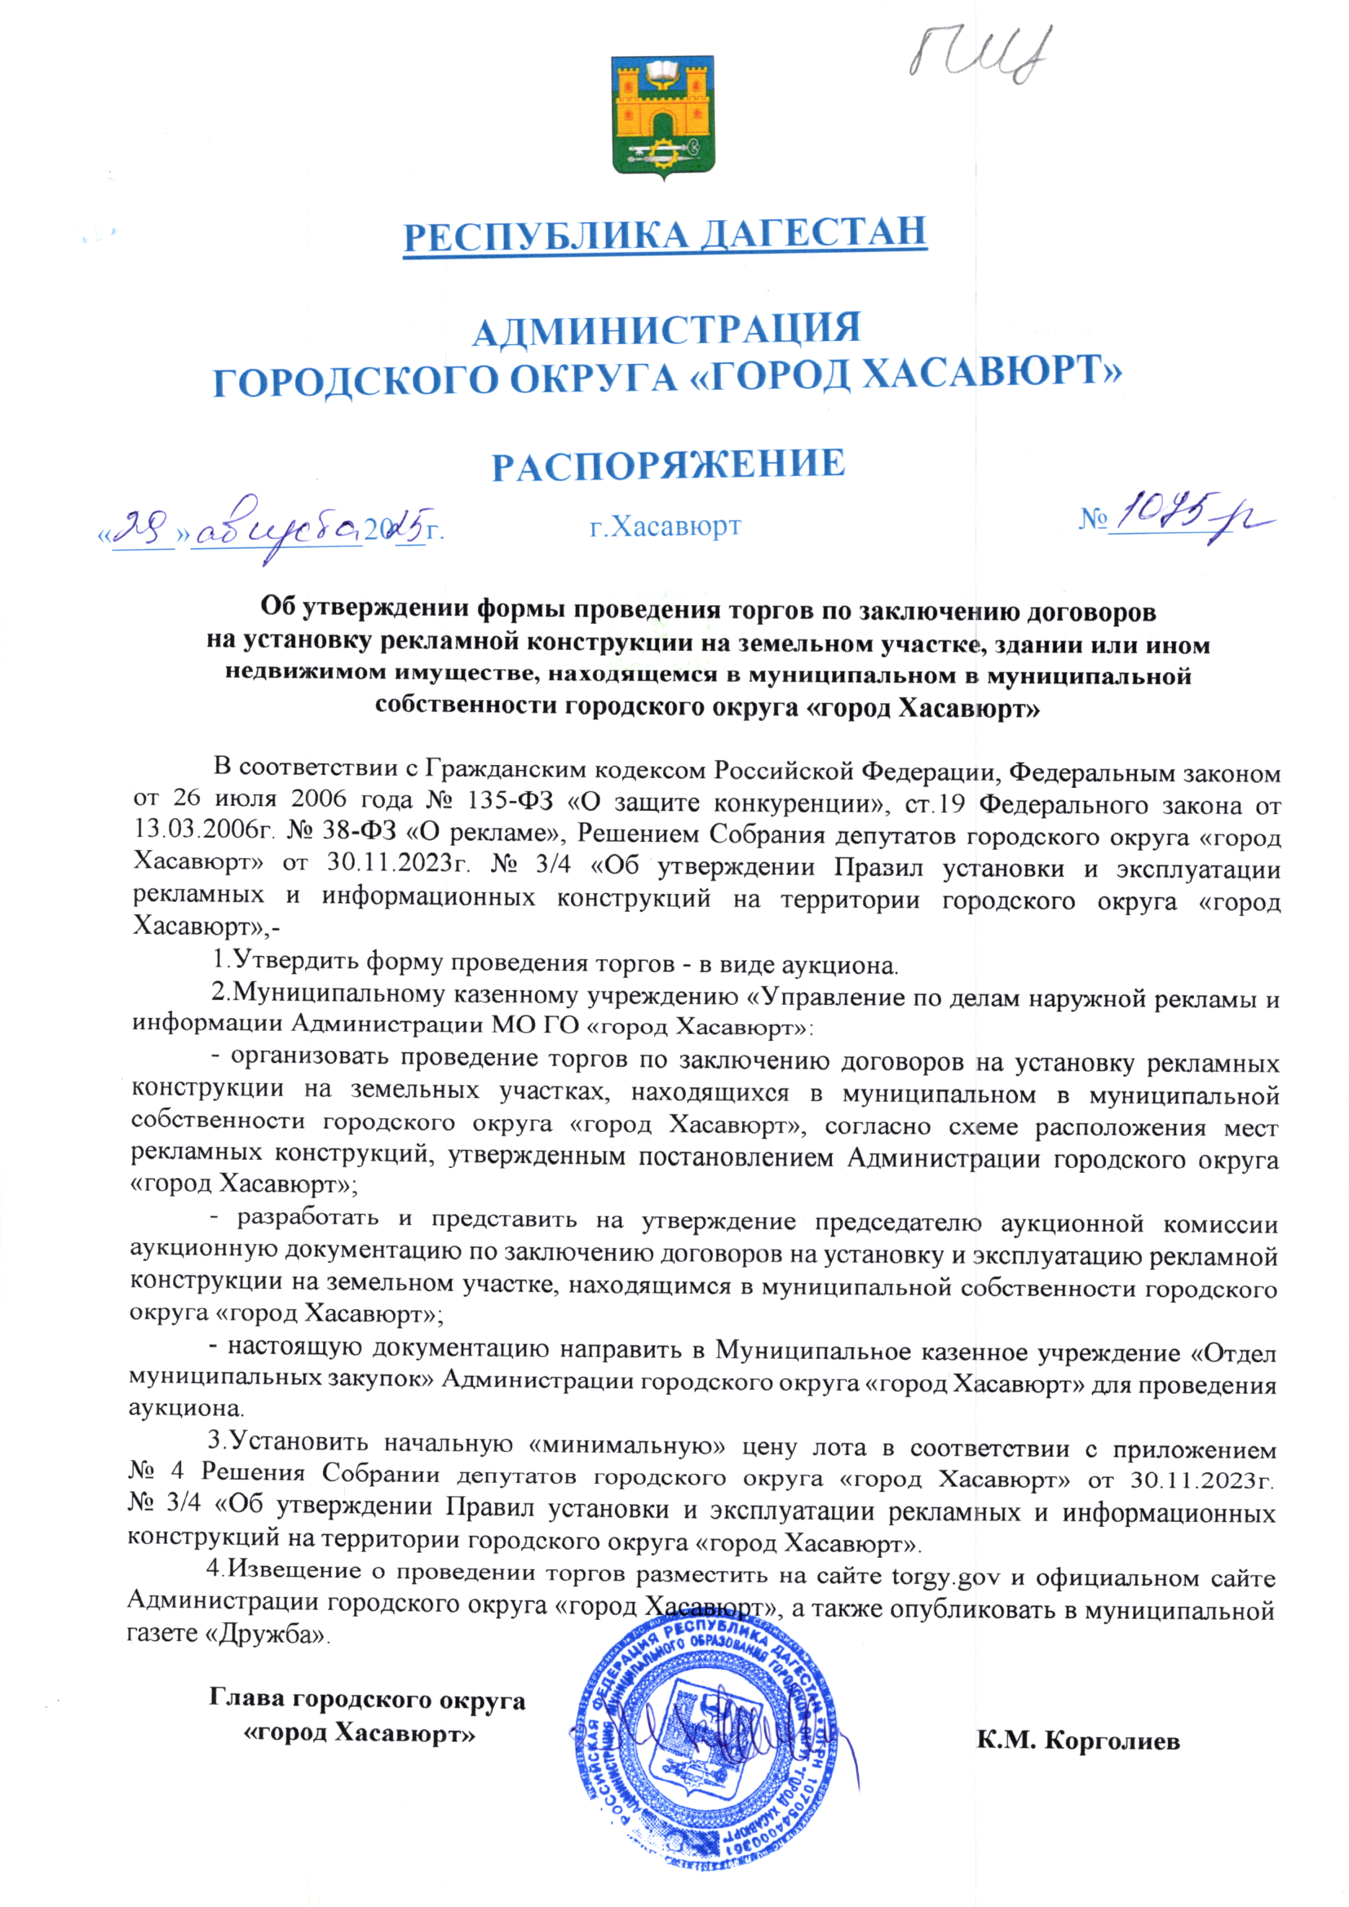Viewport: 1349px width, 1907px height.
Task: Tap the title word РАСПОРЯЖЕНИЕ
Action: click(668, 464)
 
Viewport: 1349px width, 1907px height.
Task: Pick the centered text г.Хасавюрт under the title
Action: click(665, 526)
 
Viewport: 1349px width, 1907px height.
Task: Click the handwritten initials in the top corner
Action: click(980, 54)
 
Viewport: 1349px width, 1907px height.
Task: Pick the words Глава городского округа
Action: click(367, 1699)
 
